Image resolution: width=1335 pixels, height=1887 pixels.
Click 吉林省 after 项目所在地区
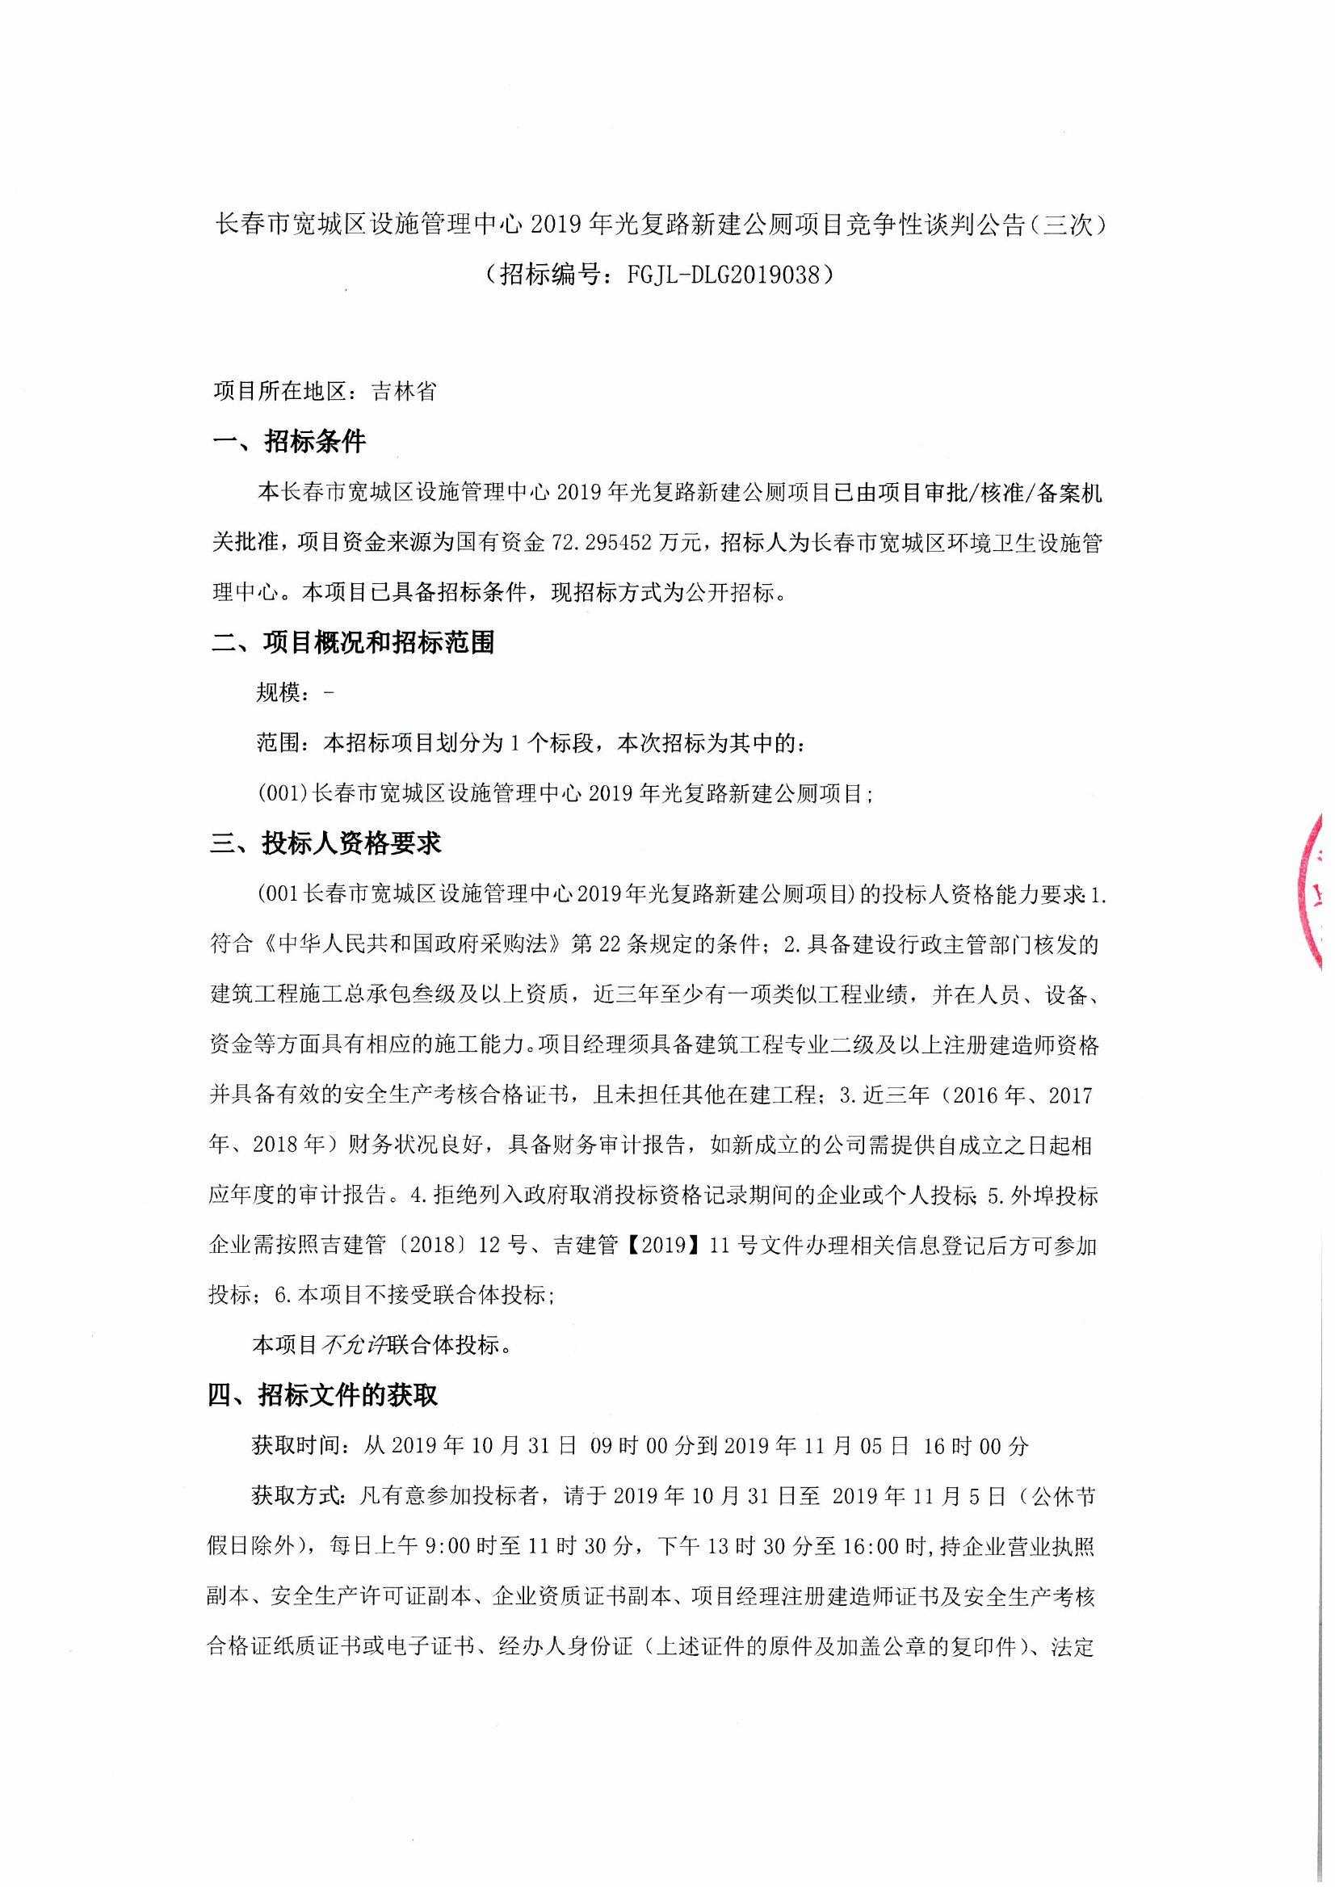pos(403,392)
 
